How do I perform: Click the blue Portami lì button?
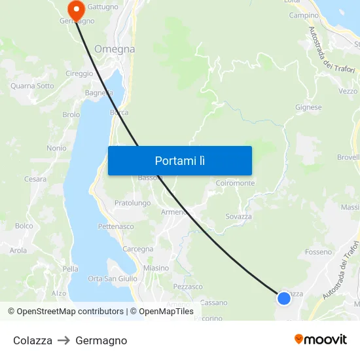[x=179, y=160]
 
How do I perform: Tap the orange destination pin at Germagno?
[x=76, y=9]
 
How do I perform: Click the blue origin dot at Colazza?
[x=283, y=298]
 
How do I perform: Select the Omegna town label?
[x=115, y=49]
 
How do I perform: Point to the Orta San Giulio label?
[x=113, y=278]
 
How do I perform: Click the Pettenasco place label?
[x=116, y=226]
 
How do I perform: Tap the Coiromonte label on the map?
[x=235, y=183]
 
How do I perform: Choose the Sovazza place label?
[x=238, y=216]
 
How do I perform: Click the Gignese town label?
[x=308, y=107]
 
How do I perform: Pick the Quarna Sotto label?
[x=32, y=86]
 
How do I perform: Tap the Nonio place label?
[x=56, y=148]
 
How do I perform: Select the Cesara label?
[x=35, y=179]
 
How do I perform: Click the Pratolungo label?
[x=132, y=203]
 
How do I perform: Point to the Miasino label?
[x=156, y=268]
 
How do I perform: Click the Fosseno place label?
[x=319, y=252]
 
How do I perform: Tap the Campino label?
[x=304, y=16]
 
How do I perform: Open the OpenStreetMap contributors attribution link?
[x=70, y=312]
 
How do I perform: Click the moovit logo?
[x=320, y=339]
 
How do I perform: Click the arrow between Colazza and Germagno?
[x=63, y=340]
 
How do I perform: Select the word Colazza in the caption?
[x=33, y=340]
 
